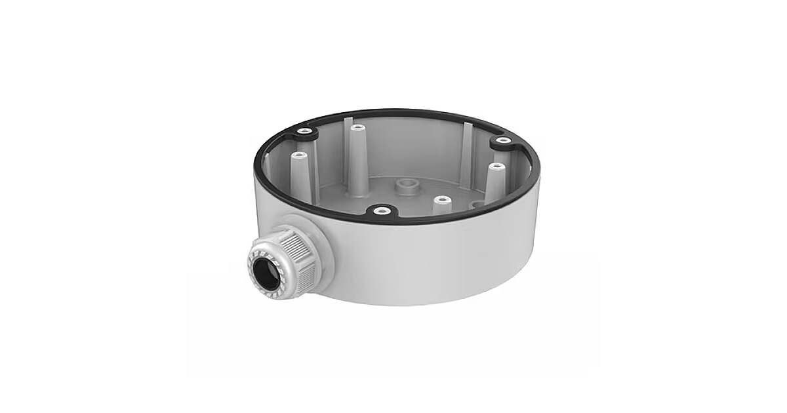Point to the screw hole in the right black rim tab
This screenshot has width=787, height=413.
(x=502, y=140)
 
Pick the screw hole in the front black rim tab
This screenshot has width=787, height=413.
(x=379, y=211)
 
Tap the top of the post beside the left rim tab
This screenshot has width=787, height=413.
(x=299, y=156)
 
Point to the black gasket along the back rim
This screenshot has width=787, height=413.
(x=393, y=113)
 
